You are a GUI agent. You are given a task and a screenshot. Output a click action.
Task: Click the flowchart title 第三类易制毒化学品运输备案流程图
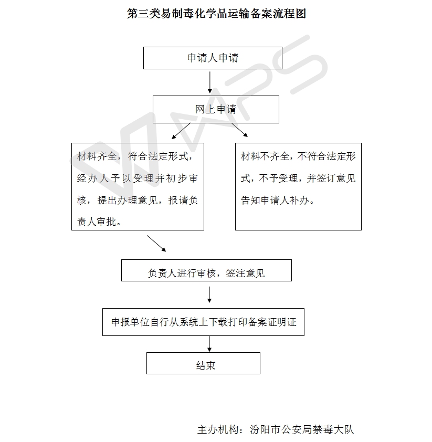coord(216,13)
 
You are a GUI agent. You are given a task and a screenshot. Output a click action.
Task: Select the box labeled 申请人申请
coord(213,58)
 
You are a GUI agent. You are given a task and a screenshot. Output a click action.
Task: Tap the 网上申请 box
coord(216,109)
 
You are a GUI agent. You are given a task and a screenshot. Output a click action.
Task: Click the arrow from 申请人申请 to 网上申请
coord(209,82)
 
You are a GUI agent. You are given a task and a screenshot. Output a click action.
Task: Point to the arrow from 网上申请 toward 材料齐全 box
coord(181,131)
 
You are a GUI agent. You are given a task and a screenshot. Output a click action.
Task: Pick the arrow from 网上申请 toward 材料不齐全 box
coord(240,130)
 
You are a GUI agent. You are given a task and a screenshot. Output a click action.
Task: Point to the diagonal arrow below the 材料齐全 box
coord(156,244)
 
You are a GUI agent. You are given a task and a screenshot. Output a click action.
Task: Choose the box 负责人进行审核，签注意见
coord(206,270)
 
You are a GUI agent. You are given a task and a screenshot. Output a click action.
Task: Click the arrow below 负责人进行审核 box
coord(209,294)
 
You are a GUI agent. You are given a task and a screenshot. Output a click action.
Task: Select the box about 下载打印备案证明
coord(203,322)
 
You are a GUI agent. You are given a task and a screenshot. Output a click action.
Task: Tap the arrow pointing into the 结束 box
coord(209,344)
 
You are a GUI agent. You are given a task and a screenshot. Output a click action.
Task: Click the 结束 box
coord(203,363)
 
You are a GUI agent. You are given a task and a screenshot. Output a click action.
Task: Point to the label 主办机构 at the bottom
coord(218,429)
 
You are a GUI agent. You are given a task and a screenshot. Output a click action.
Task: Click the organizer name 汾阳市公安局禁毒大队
coord(301,429)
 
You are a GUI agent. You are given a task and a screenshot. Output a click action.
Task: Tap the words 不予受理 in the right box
coord(278,178)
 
